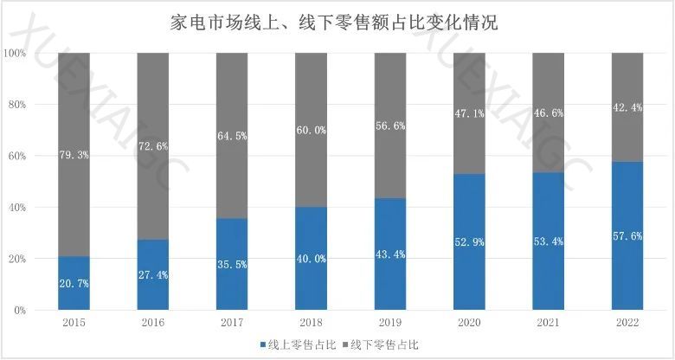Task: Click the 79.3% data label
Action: point(74,156)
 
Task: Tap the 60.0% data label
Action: point(312,131)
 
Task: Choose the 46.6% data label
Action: point(549,113)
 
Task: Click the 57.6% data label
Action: point(627,236)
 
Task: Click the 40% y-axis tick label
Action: point(18,208)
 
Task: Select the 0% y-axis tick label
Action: point(21,310)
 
